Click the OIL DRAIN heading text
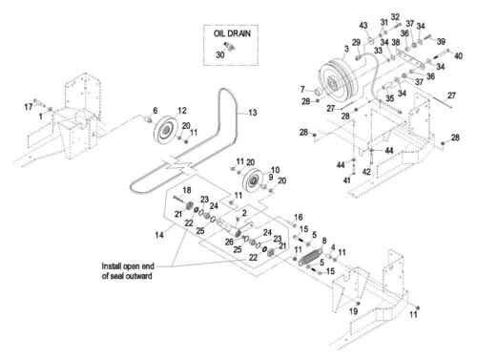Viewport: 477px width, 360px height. (232, 33)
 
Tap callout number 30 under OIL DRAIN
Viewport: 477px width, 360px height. (220, 55)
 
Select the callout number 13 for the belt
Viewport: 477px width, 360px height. (253, 113)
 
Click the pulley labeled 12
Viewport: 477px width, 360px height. (165, 130)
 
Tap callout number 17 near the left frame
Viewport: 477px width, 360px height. (29, 107)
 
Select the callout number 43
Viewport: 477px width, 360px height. (363, 25)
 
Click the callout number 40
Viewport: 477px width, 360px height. (458, 56)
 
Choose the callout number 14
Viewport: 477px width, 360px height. (159, 235)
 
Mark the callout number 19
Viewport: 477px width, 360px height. (354, 311)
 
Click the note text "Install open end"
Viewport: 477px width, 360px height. (128, 266)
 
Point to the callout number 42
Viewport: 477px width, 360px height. (366, 172)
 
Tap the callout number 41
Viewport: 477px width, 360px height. (346, 180)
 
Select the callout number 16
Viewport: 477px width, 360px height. (299, 218)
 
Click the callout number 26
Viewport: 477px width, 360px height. (229, 243)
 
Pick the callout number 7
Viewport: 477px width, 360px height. (302, 89)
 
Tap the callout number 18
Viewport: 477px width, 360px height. (187, 190)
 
